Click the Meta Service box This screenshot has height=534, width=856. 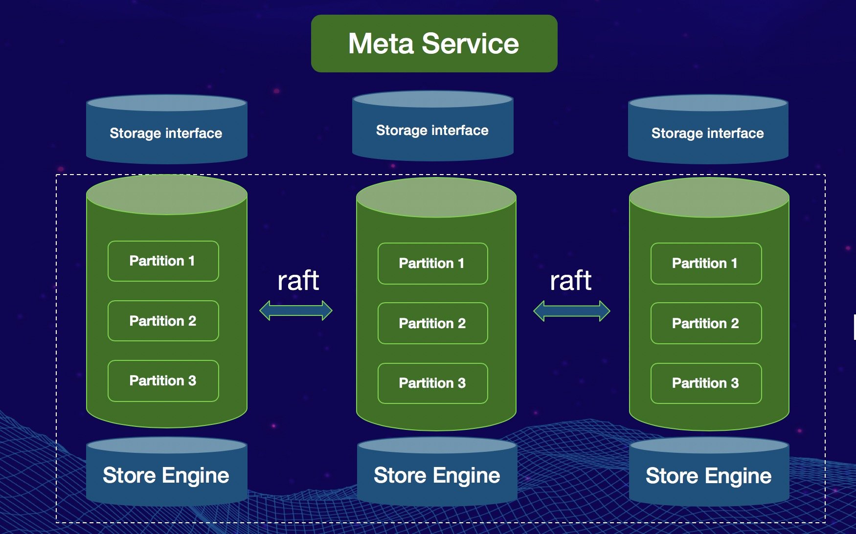pos(434,44)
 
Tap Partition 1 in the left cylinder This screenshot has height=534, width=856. pos(163,261)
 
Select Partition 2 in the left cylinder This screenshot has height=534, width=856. pos(163,321)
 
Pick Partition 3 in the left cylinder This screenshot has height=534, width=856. pos(163,380)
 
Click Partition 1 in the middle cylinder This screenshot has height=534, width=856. pos(432,264)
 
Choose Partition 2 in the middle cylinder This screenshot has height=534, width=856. pos(432,323)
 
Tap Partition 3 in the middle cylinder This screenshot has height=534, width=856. pos(432,383)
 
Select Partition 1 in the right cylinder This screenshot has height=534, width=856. pos(705,264)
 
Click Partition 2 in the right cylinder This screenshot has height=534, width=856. pos(705,323)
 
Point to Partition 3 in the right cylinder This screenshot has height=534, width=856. pos(705,383)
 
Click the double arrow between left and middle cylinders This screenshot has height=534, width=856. pos(296,311)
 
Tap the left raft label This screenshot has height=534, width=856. pos(298,281)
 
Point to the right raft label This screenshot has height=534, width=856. pos(570,281)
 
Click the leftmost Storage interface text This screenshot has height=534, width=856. pos(166,133)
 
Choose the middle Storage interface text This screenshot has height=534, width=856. pos(432,130)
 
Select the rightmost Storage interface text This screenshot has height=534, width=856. pos(707,133)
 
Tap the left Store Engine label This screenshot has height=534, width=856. pos(166,475)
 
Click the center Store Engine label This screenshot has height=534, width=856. pos(437,475)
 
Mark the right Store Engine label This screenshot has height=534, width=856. pos(708,476)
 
